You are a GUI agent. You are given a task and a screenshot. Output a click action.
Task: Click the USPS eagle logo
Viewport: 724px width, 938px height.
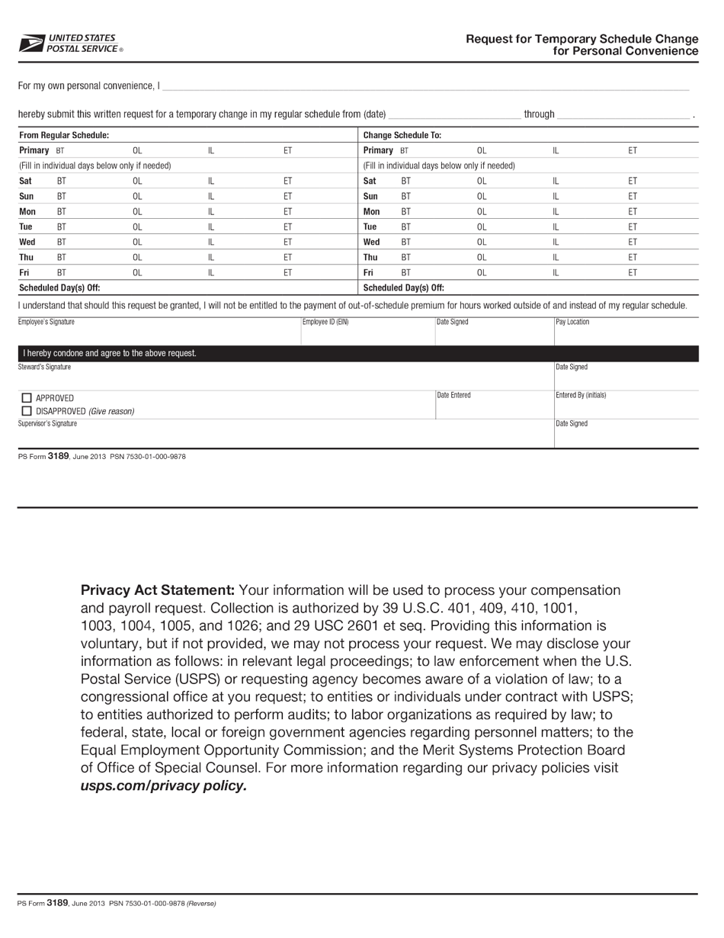[x=32, y=43]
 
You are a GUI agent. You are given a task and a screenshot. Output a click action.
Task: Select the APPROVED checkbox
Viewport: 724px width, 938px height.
[x=27, y=397]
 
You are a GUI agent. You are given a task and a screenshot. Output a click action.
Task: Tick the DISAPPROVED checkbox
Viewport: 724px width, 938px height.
[x=27, y=411]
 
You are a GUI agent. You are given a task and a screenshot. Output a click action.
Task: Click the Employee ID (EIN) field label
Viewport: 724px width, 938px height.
[x=325, y=322]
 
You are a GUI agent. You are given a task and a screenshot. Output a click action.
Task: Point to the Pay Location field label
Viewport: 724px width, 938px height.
[x=572, y=322]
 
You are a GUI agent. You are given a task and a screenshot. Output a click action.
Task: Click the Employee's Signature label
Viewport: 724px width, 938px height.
[x=46, y=322]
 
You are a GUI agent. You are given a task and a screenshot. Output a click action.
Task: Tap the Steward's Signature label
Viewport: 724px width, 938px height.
[x=44, y=367]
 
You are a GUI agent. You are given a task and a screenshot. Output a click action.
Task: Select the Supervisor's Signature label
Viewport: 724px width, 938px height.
[x=47, y=423]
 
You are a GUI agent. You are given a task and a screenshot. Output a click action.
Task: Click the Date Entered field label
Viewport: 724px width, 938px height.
[x=453, y=395]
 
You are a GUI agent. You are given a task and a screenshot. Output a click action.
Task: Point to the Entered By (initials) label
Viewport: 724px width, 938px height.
[x=581, y=395]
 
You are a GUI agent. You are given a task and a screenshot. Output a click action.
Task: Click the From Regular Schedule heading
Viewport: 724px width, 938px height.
[x=64, y=135]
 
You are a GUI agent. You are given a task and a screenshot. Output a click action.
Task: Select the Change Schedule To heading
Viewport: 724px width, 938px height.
[x=402, y=135]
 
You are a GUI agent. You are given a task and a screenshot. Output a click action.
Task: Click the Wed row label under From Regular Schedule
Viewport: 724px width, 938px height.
[x=27, y=242]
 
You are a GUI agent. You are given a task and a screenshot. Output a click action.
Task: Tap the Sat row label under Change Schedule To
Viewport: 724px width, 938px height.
[x=370, y=181]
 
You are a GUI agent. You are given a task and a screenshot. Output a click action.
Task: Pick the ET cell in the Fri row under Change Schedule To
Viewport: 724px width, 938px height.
[x=633, y=272]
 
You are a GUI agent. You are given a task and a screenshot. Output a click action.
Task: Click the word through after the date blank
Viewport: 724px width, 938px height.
[x=539, y=114]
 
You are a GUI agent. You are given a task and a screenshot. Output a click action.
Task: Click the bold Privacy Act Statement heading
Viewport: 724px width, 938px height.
[x=158, y=590]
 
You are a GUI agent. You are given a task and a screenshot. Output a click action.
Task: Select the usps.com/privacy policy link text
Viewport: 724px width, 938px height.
[x=164, y=785]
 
